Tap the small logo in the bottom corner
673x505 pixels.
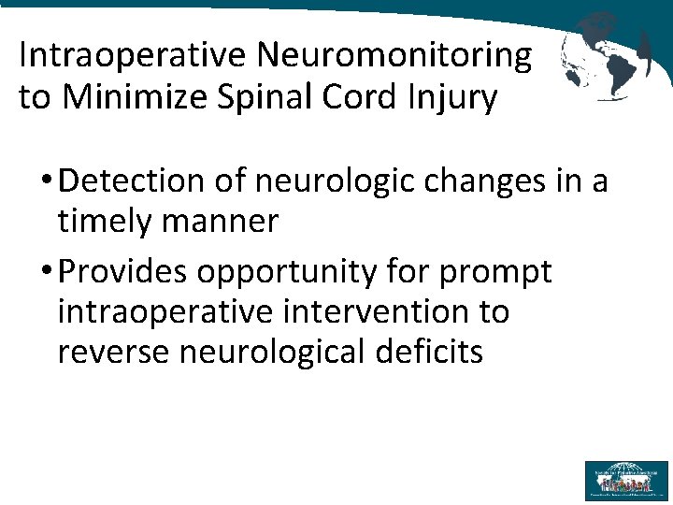[625, 480]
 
